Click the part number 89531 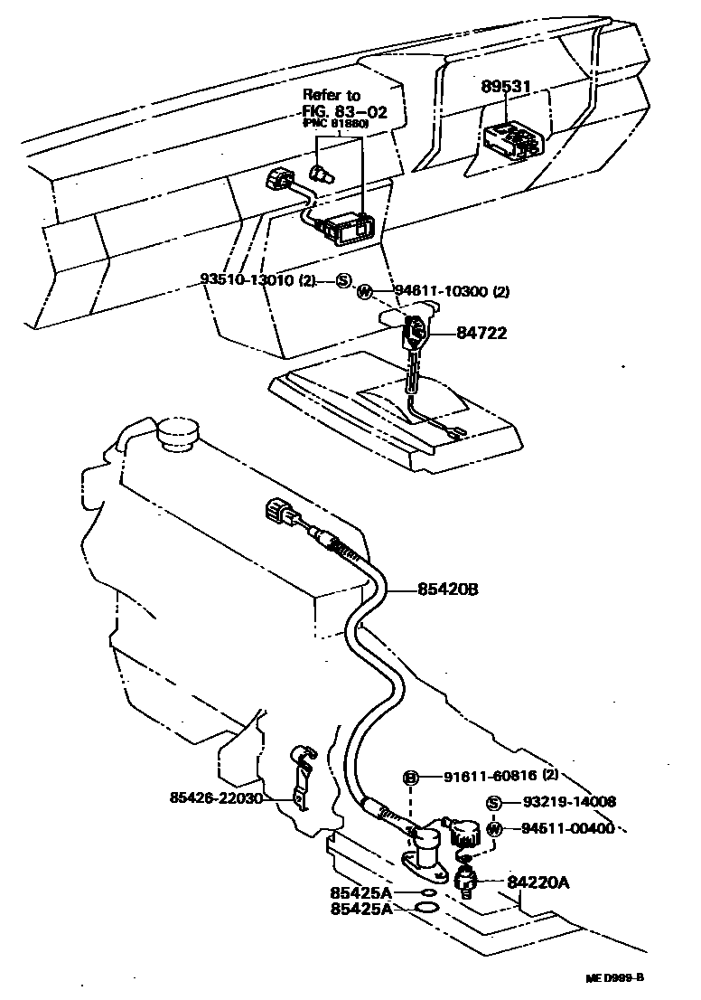pyautogui.click(x=509, y=87)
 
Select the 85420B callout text pyautogui.click(x=447, y=590)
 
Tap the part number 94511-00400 pyautogui.click(x=565, y=828)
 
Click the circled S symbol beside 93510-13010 pyautogui.click(x=343, y=280)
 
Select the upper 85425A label pyautogui.click(x=360, y=892)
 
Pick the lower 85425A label pyautogui.click(x=360, y=909)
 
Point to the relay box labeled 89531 pyautogui.click(x=512, y=138)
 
